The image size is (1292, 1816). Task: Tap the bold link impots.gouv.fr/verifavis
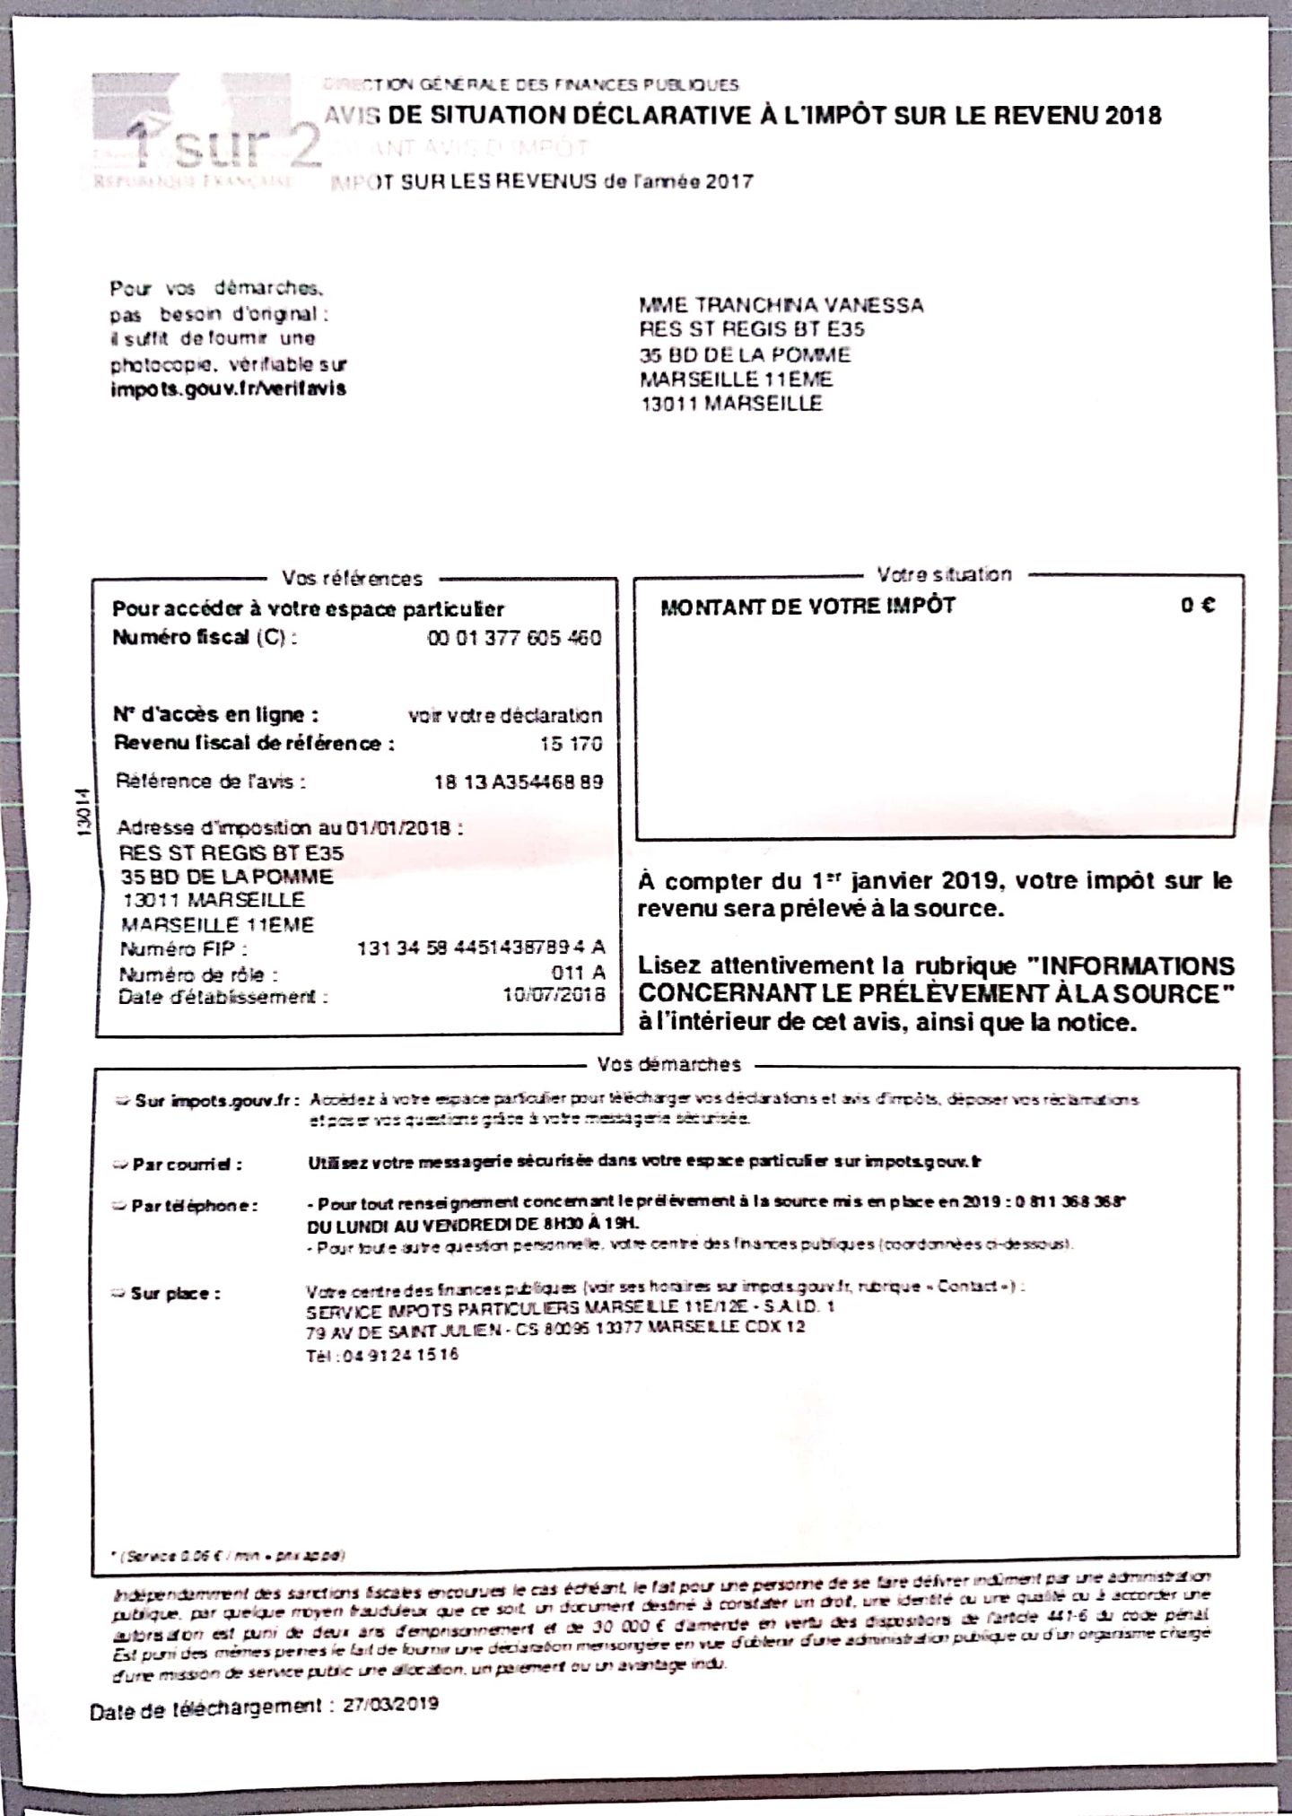[x=228, y=389]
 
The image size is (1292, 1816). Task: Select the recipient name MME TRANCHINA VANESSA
[x=781, y=305]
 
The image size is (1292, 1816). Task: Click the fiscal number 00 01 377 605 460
[x=513, y=638]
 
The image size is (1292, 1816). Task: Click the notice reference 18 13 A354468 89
[x=519, y=781]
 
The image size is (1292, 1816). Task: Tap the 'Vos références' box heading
[x=352, y=579]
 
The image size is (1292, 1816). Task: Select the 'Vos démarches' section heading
[x=669, y=1064]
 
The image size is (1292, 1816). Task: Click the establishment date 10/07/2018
[x=554, y=994]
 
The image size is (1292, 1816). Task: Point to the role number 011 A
[x=578, y=973]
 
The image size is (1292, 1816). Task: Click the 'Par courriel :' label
[x=187, y=1165]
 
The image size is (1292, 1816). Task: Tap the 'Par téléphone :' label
[x=193, y=1206]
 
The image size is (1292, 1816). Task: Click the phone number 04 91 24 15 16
[x=382, y=1355]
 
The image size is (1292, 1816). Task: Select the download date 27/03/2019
[x=390, y=1703]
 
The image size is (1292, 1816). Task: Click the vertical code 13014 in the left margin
[x=83, y=812]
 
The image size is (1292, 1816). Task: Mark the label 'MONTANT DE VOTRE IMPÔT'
[x=807, y=607]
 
